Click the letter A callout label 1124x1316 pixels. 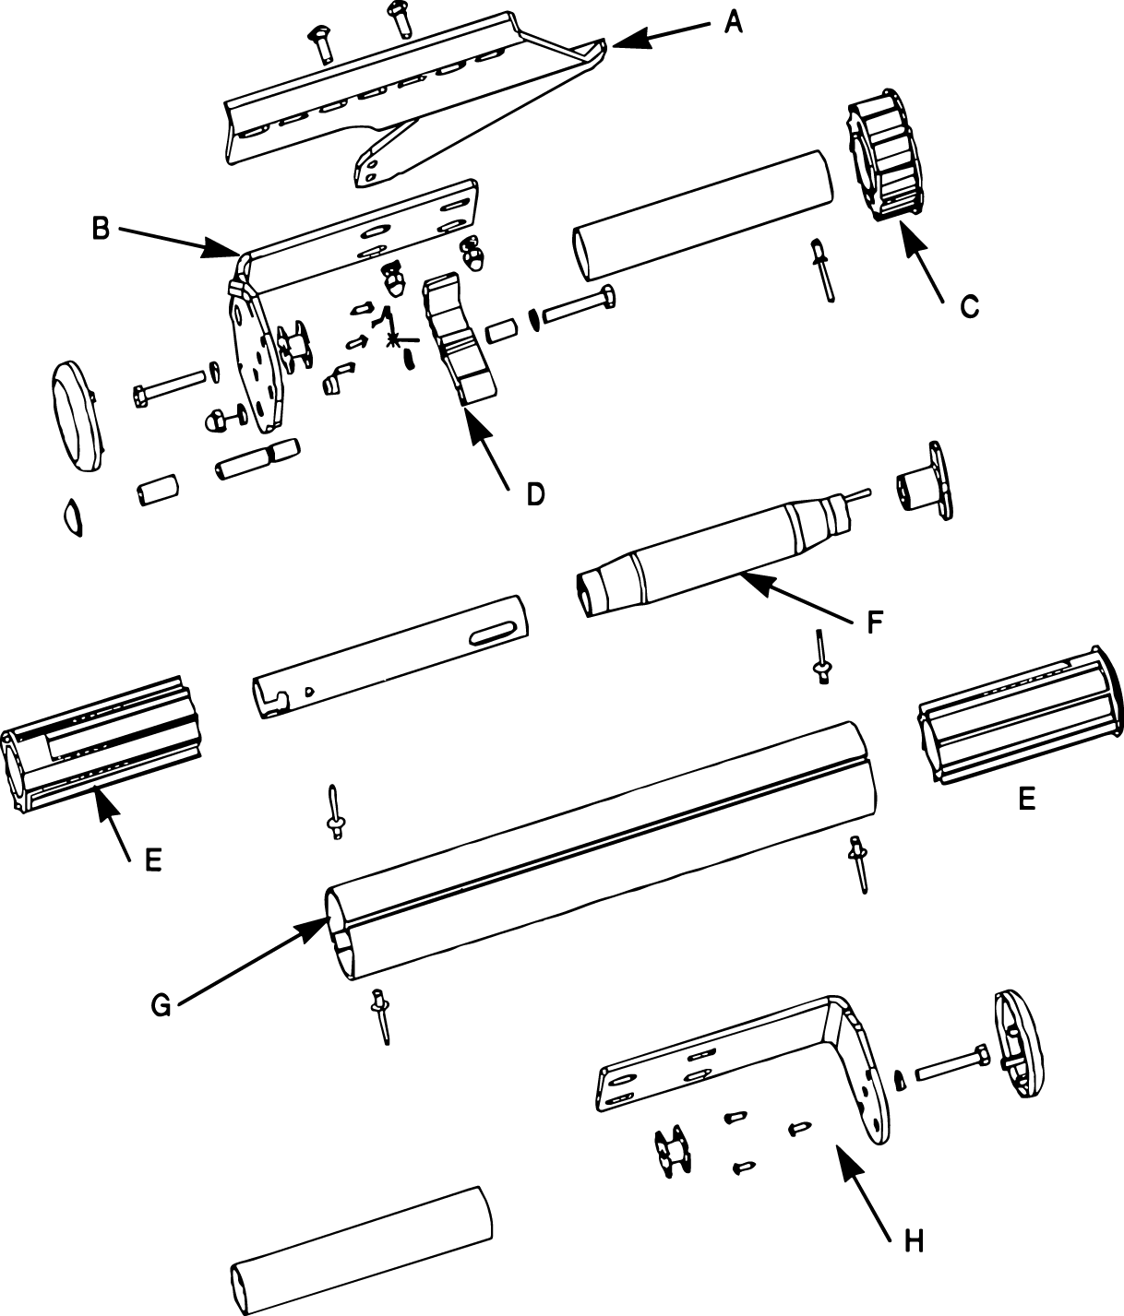[733, 21]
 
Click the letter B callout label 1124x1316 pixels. [102, 228]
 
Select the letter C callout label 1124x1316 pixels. [968, 306]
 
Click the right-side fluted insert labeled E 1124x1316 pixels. [1015, 719]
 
